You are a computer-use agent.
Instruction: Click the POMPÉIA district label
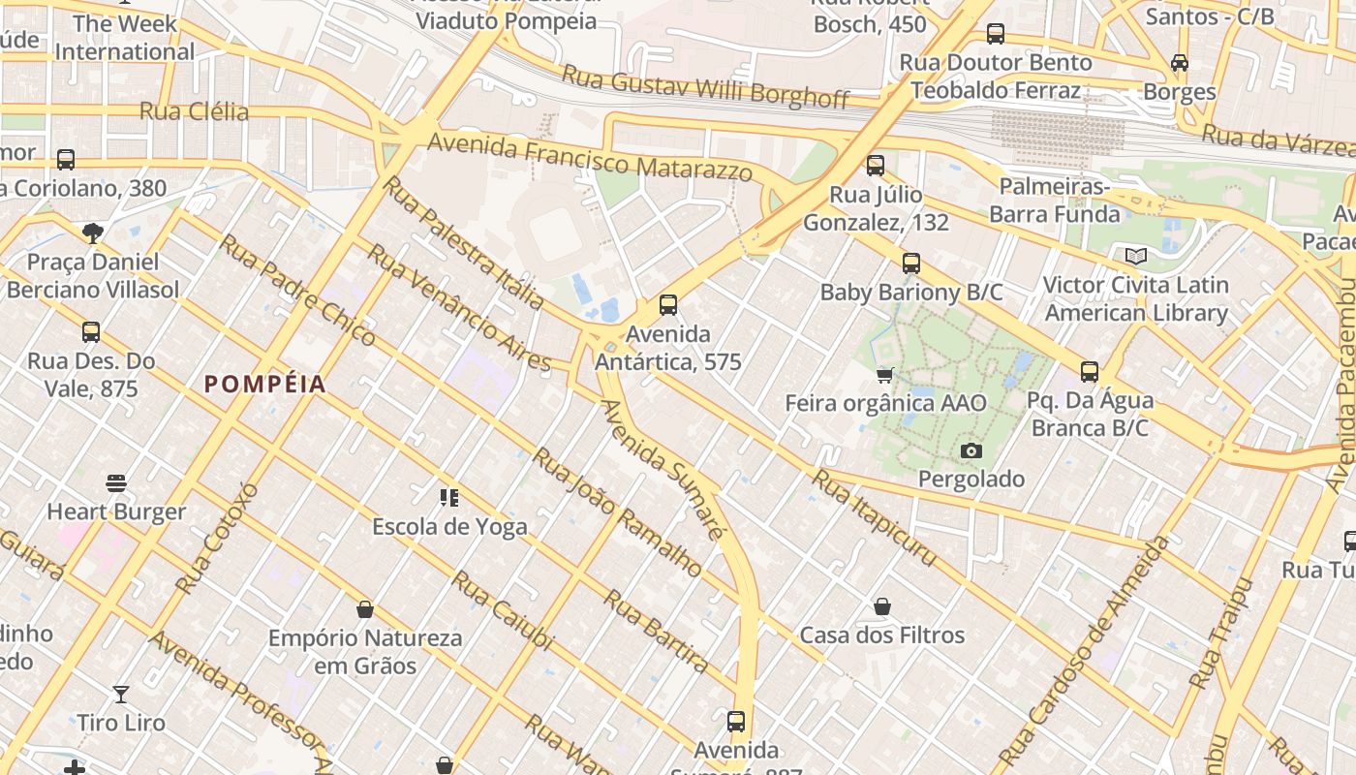[x=264, y=384]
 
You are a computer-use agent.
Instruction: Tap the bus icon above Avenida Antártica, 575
[x=667, y=305]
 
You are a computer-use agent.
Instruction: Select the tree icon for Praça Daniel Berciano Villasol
[x=93, y=232]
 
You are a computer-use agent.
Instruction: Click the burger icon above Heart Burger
[x=116, y=482]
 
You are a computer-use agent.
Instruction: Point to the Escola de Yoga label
[x=449, y=527]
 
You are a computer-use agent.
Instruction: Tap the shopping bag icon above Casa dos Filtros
[x=882, y=606]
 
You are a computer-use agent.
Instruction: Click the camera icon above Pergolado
[x=971, y=450]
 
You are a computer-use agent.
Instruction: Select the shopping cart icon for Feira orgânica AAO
[x=884, y=375]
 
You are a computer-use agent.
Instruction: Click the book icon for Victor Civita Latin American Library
[x=1136, y=257]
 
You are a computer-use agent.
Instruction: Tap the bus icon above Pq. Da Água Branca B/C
[x=1090, y=371]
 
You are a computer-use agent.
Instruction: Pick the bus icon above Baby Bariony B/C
[x=910, y=263]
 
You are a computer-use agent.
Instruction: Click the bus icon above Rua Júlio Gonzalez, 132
[x=876, y=166]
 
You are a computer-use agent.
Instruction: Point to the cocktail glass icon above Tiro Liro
[x=121, y=694]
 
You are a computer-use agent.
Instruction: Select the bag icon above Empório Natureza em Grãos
[x=365, y=609]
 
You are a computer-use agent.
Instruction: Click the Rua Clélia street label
[x=194, y=111]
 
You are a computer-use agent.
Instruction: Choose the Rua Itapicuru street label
[x=875, y=517]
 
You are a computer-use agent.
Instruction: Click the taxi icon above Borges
[x=1179, y=63]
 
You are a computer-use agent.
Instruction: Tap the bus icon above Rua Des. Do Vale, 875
[x=91, y=332]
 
